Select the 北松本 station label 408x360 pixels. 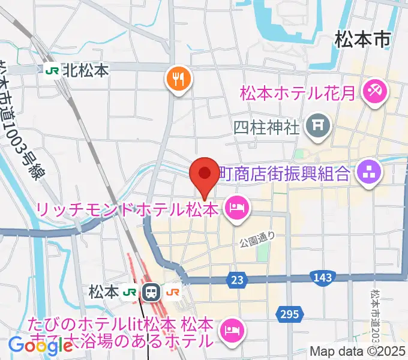pos(86,70)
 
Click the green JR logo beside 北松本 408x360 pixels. pos(52,70)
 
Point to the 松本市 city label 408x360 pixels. pos(362,40)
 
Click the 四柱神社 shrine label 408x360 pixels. pos(266,127)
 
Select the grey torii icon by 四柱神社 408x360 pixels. pos(315,125)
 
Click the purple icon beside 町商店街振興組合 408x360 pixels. pos(369,173)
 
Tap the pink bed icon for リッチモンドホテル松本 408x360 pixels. pos(236,208)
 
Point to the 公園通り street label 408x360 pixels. pos(259,236)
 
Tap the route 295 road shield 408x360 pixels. pos(288,314)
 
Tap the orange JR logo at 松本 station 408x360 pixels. pos(173,292)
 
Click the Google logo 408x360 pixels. pos(32,345)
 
